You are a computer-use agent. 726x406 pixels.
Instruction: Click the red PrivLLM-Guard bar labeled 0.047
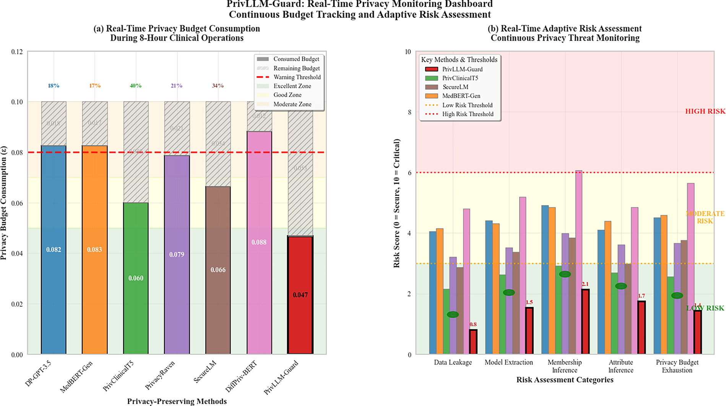click(x=300, y=295)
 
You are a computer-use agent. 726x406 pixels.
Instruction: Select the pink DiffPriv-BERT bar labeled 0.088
click(x=259, y=242)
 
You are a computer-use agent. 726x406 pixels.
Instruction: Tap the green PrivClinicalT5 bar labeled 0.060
click(x=136, y=278)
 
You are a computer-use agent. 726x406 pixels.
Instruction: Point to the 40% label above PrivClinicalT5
click(x=136, y=86)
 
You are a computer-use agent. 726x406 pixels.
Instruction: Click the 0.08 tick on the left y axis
click(x=17, y=153)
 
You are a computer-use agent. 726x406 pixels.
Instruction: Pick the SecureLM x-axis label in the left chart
click(x=205, y=372)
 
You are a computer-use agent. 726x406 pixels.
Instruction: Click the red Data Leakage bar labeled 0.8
click(x=473, y=342)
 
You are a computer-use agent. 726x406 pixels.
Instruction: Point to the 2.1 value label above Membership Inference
click(x=585, y=284)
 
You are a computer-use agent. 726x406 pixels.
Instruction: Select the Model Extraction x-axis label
click(x=508, y=362)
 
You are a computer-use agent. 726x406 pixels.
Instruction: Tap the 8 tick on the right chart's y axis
click(x=409, y=112)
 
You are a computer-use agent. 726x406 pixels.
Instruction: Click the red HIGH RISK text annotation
click(x=705, y=112)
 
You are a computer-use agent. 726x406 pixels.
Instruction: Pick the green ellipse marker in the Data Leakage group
click(x=453, y=315)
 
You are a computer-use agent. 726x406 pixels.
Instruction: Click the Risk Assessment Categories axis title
click(x=565, y=380)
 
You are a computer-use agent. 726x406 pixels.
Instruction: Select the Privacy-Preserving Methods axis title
click(x=177, y=401)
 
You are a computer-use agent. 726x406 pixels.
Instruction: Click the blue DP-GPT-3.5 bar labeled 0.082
click(x=54, y=250)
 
